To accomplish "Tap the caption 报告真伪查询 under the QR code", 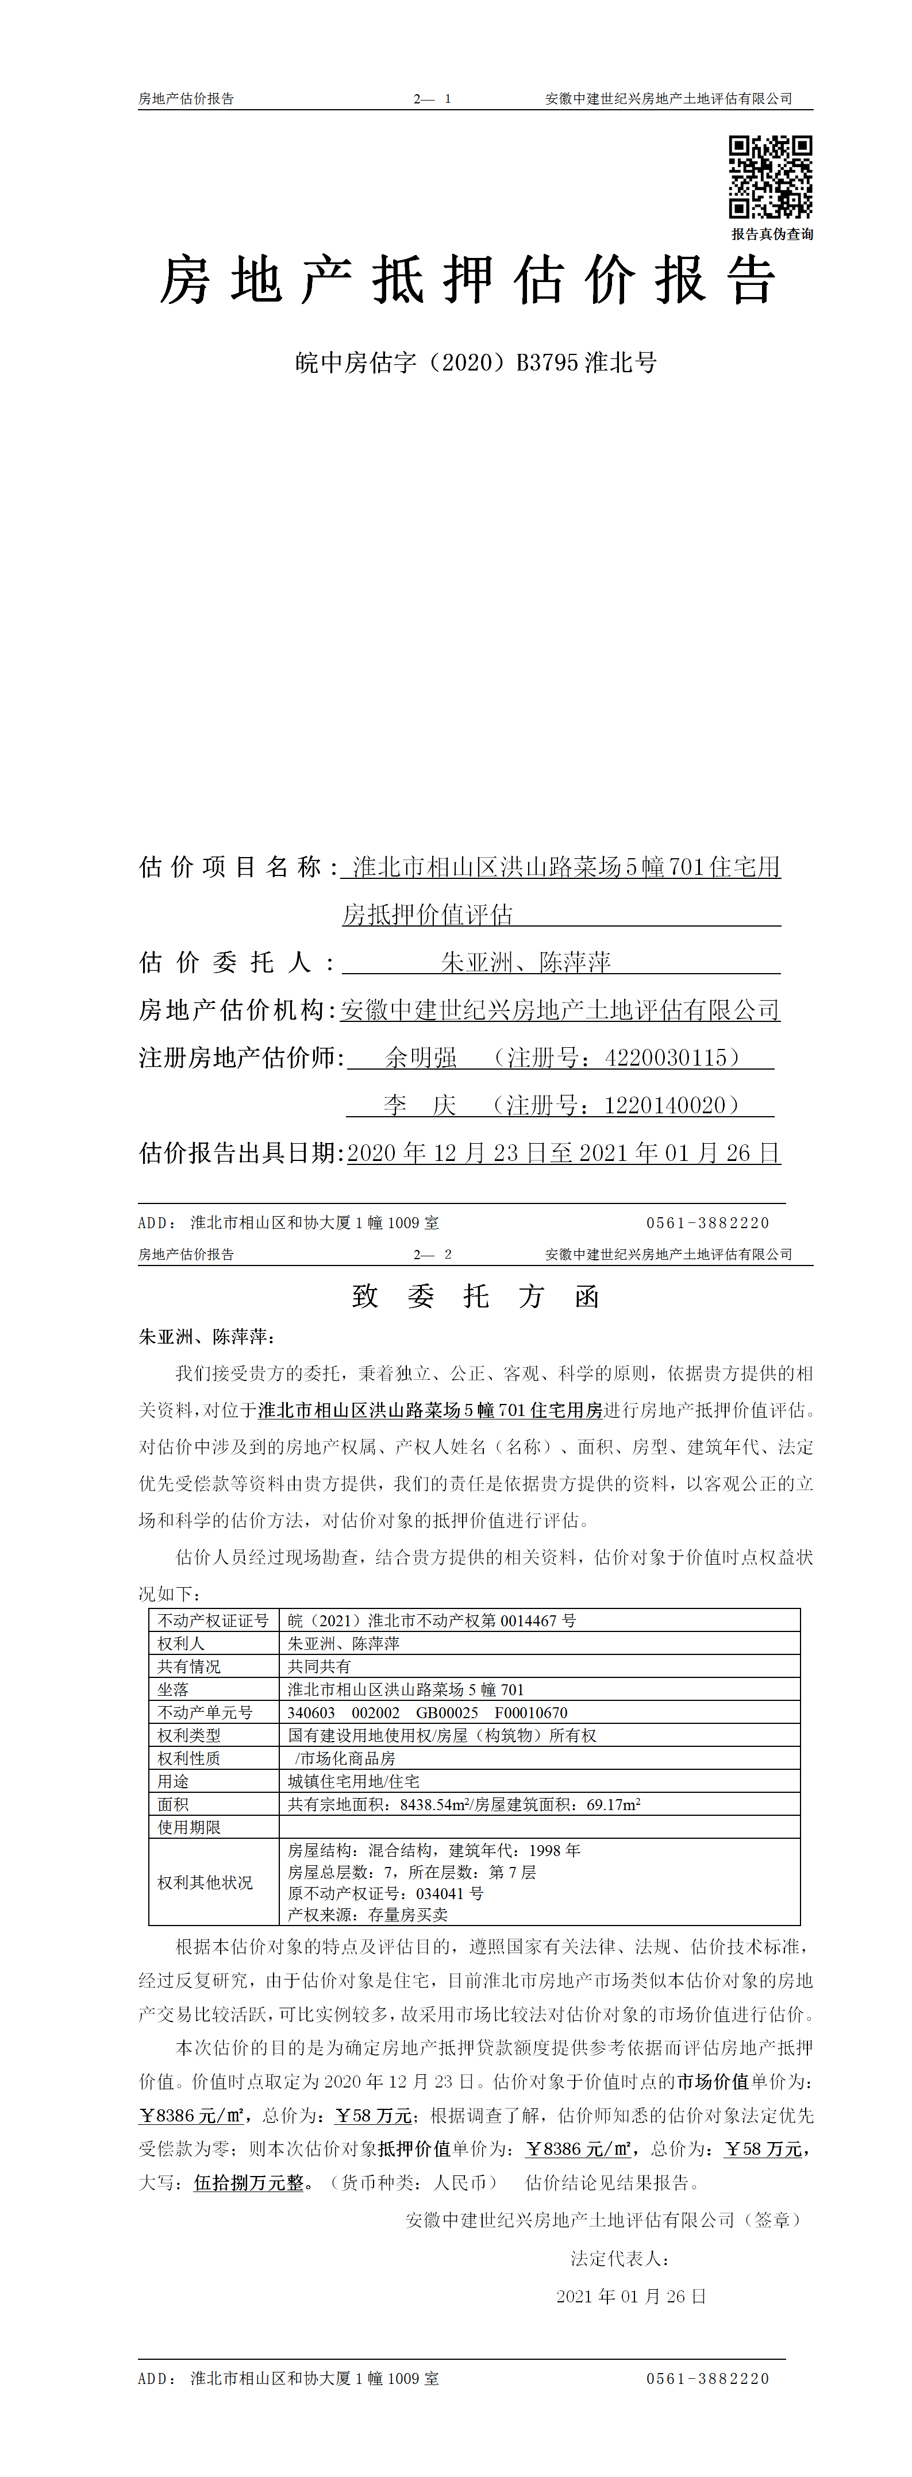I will (x=772, y=234).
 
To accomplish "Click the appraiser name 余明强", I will (x=421, y=1058).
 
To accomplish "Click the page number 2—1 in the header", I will (x=432, y=99).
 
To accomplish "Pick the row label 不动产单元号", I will (x=205, y=1712).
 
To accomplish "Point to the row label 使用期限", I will (x=190, y=1827).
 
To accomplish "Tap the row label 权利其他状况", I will (x=205, y=1882).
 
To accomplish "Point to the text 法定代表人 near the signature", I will (x=618, y=2258).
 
